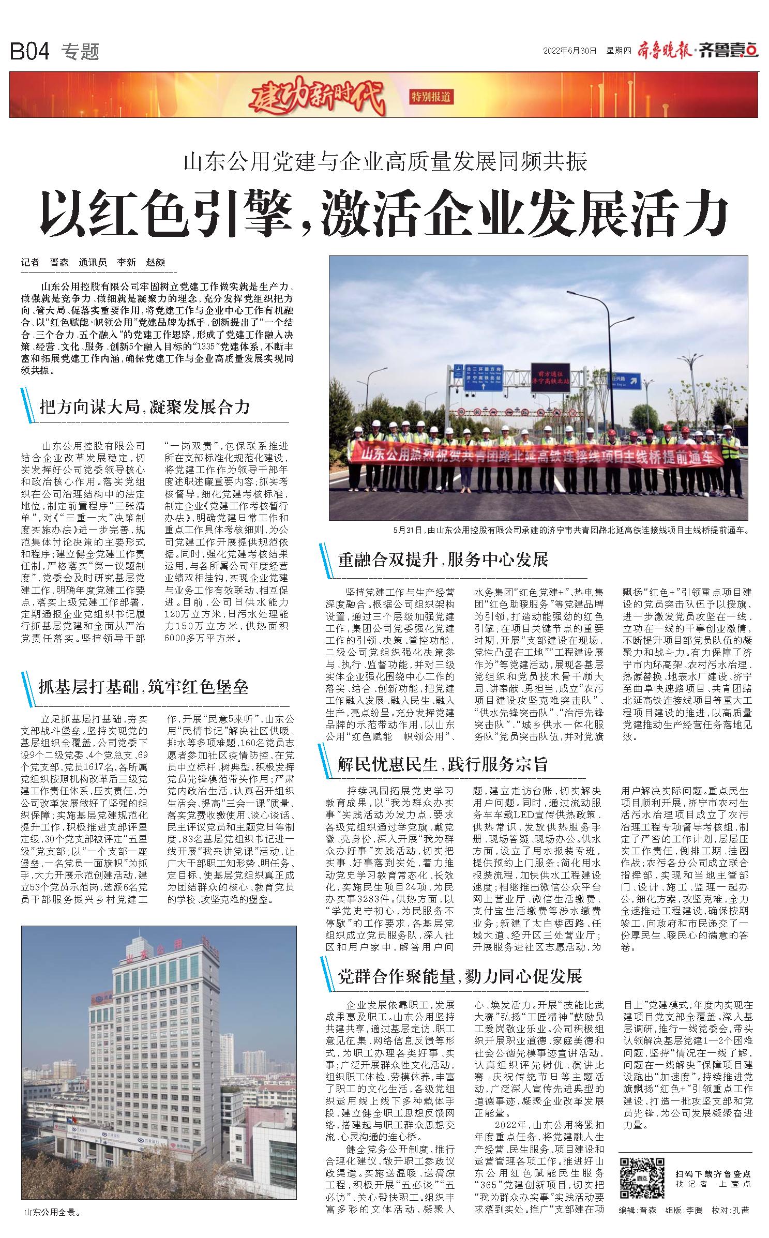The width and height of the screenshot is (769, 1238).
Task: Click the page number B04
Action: click(29, 52)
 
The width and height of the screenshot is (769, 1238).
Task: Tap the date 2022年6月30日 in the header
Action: click(570, 51)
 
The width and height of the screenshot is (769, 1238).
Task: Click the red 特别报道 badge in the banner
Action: click(430, 96)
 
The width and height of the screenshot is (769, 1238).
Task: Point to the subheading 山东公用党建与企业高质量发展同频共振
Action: click(385, 162)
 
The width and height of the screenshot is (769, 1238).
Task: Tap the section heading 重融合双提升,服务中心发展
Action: click(443, 560)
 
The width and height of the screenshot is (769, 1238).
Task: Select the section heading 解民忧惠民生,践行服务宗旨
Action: click(443, 764)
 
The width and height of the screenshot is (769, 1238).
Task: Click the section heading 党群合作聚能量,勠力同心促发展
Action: click(460, 976)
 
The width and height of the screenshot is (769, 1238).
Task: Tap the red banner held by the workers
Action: click(538, 454)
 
